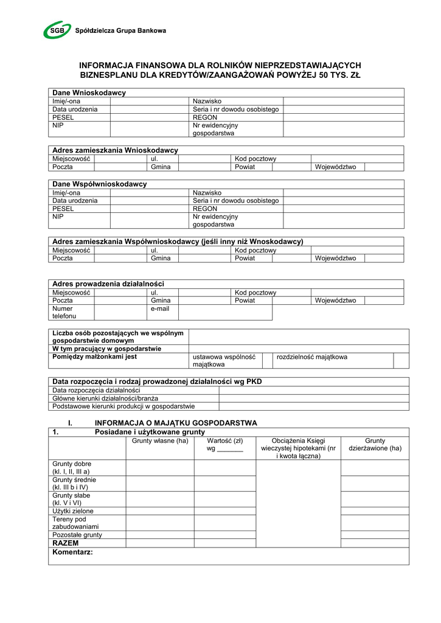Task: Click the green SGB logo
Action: pyautogui.click(x=57, y=29)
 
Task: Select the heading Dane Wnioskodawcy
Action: pyautogui.click(x=89, y=92)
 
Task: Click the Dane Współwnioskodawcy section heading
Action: pyautogui.click(x=100, y=184)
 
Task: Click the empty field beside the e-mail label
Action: pyautogui.click(x=224, y=312)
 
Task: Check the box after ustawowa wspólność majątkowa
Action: pyautogui.click(x=266, y=361)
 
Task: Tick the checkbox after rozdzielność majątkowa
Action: pyautogui.click(x=401, y=361)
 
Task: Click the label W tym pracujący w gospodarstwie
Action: pyautogui.click(x=106, y=349)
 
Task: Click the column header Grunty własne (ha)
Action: pyautogui.click(x=160, y=441)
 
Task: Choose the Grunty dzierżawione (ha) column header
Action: pyautogui.click(x=375, y=445)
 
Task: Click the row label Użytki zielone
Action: pyautogui.click(x=73, y=511)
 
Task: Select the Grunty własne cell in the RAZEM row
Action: pyautogui.click(x=160, y=543)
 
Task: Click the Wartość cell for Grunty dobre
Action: pyautogui.click(x=225, y=467)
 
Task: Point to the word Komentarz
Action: pyautogui.click(x=72, y=552)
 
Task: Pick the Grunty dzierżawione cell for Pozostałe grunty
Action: pyautogui.click(x=375, y=535)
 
